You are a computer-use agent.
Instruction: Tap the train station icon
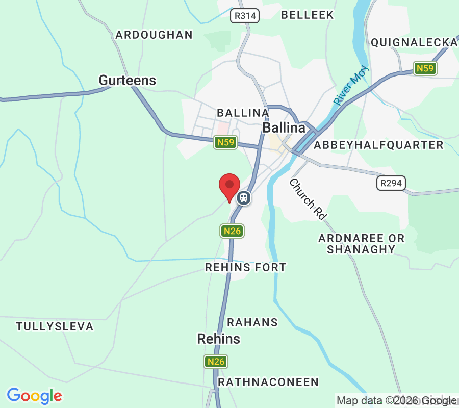(x=244, y=197)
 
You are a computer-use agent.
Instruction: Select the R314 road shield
(x=245, y=16)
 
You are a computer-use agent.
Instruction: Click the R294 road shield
(x=391, y=183)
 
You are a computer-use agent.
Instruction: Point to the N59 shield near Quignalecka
(x=425, y=68)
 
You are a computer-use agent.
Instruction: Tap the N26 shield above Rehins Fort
(x=232, y=231)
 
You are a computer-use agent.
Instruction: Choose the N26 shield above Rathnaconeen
(x=216, y=362)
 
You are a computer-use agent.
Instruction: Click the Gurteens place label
(x=127, y=81)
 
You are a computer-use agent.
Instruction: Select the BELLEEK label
(x=308, y=15)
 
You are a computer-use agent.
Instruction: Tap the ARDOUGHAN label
(x=154, y=35)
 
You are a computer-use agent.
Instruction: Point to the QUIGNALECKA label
(x=414, y=42)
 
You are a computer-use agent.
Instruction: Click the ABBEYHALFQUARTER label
(x=378, y=145)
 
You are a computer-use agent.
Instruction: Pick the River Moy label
(x=351, y=87)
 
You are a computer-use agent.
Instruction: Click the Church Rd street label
(x=308, y=199)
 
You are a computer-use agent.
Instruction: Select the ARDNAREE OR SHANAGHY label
(x=361, y=244)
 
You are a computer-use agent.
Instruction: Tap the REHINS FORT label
(x=245, y=267)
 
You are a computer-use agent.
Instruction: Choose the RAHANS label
(x=252, y=322)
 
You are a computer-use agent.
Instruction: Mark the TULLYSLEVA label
(x=55, y=326)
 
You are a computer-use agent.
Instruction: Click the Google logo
(x=35, y=396)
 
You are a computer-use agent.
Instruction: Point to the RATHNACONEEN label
(x=268, y=382)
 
